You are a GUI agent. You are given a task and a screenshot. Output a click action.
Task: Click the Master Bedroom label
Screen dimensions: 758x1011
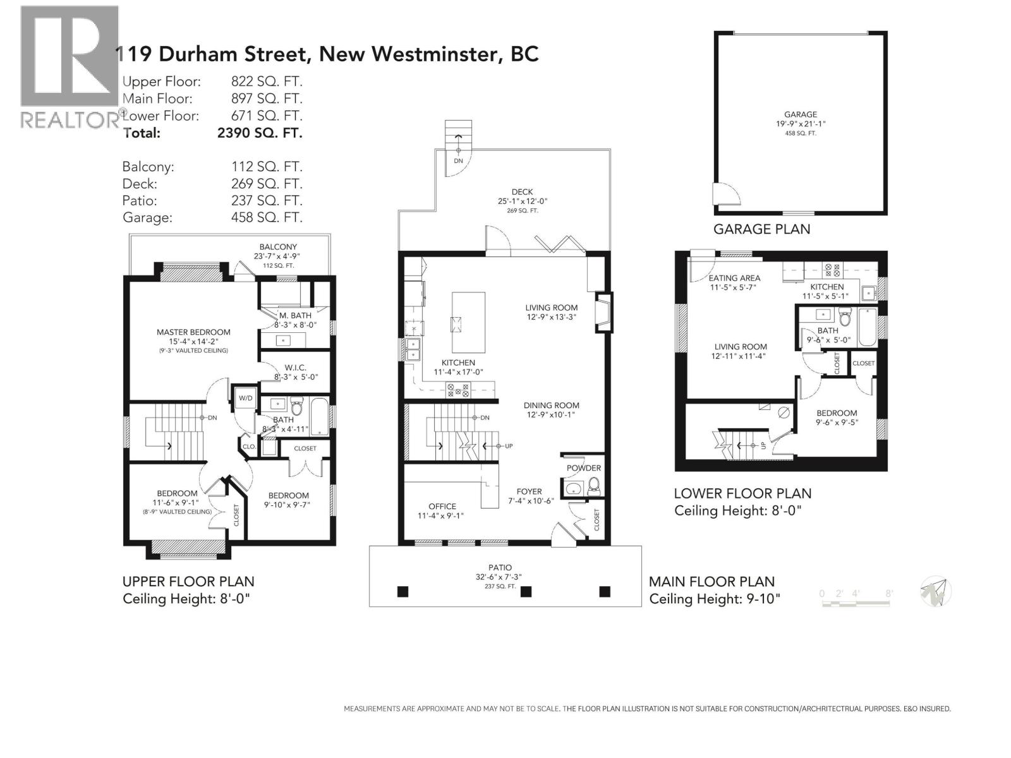point(193,332)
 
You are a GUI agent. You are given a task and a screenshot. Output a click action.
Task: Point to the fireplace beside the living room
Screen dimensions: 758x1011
point(604,313)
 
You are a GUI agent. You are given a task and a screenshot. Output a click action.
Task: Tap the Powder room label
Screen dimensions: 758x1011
point(583,468)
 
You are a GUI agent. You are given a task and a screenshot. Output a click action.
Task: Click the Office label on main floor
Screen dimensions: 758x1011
point(442,507)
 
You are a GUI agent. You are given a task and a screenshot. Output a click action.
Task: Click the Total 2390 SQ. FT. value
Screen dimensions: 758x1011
point(260,133)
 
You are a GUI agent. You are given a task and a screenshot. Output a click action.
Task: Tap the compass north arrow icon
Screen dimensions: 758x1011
point(936,592)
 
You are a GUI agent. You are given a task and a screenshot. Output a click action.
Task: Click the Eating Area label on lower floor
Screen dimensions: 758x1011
point(734,278)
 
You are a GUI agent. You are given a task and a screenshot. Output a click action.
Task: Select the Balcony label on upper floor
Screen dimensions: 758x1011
point(278,247)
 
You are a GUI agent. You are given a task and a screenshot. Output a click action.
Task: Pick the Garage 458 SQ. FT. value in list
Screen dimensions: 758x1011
point(267,218)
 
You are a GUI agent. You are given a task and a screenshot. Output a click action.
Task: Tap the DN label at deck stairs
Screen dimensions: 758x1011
point(458,161)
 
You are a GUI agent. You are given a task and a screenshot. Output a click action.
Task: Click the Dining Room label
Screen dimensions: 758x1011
point(551,406)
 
